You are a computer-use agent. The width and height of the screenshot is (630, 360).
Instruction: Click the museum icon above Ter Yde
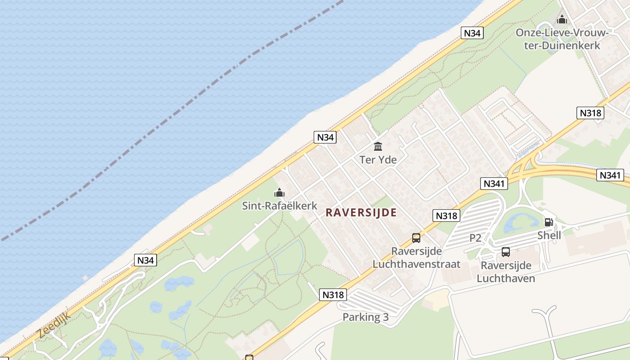tap(378, 146)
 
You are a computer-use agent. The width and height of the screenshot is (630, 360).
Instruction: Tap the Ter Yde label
tap(378, 160)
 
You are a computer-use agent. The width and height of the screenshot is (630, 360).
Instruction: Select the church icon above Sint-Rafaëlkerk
tap(279, 193)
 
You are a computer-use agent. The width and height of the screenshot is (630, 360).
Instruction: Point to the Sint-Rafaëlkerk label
tap(280, 206)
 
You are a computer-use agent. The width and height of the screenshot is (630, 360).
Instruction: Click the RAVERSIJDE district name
tap(361, 212)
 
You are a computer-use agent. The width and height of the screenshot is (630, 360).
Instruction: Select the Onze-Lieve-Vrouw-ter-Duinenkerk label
tap(562, 39)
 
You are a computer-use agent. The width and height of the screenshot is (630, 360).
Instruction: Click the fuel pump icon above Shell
tap(549, 222)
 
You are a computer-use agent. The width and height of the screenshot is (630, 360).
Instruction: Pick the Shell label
tap(549, 235)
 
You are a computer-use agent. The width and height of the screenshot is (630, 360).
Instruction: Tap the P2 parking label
tap(476, 238)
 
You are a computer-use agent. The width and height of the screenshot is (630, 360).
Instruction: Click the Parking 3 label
tap(365, 317)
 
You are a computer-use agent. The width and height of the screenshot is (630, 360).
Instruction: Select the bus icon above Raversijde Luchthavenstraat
tap(416, 238)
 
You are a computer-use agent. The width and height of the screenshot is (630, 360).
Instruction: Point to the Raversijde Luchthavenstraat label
tap(417, 257)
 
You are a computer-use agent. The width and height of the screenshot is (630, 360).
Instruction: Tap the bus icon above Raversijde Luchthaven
tap(506, 252)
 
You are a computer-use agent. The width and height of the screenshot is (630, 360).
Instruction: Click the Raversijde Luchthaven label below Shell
tap(506, 272)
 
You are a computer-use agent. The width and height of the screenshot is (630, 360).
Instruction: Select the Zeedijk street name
tap(54, 325)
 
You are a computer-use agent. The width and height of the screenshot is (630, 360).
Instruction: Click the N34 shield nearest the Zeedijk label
tap(146, 260)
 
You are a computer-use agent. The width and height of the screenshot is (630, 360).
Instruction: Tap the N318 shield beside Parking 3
tap(333, 295)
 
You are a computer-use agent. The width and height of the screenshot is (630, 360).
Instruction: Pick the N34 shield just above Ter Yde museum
tap(325, 137)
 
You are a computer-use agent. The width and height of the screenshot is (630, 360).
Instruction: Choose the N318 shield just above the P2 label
tap(447, 216)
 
